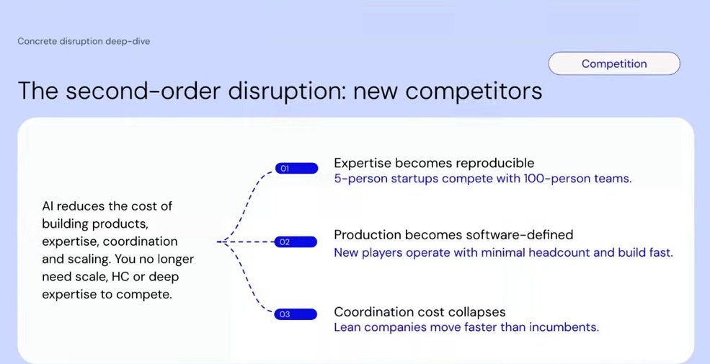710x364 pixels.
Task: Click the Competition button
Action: point(614,63)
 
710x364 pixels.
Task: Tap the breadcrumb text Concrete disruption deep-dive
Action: point(84,41)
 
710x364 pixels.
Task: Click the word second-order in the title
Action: point(143,92)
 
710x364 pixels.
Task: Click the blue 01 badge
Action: point(296,169)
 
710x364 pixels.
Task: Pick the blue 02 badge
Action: point(296,242)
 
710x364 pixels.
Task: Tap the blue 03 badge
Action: point(296,314)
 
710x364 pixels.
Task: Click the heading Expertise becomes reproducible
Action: point(434,163)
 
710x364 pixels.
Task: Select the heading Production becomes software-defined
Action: point(453,235)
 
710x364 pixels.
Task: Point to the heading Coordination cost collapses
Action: point(420,312)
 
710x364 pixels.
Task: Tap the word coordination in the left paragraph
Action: point(142,241)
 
